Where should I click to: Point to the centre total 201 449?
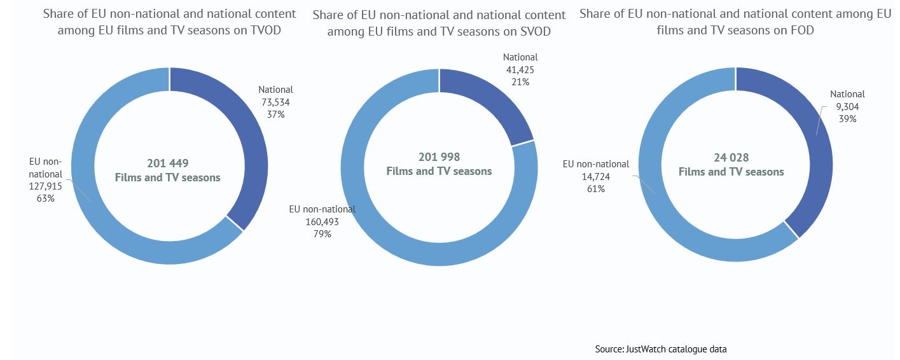pyautogui.click(x=168, y=163)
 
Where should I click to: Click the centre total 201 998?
pyautogui.click(x=439, y=156)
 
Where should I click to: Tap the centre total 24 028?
pyautogui.click(x=731, y=158)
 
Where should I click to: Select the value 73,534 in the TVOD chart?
pyautogui.click(x=275, y=102)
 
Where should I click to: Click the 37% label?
pyautogui.click(x=276, y=114)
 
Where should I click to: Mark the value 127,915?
pyautogui.click(x=46, y=186)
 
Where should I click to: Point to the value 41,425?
pyautogui.click(x=520, y=69)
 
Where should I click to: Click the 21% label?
pyautogui.click(x=520, y=81)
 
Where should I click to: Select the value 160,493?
pyautogui.click(x=322, y=221)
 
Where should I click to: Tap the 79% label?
pyautogui.click(x=322, y=233)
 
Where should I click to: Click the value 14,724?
pyautogui.click(x=595, y=176)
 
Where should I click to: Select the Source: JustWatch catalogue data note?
pyautogui.click(x=661, y=349)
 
